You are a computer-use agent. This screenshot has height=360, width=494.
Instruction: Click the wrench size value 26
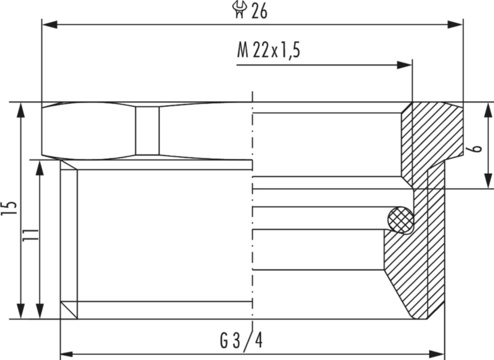(259, 12)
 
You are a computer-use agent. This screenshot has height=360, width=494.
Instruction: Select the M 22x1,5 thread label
(269, 50)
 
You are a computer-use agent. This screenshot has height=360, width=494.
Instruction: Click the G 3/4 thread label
(241, 341)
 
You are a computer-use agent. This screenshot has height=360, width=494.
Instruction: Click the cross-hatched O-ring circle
(400, 220)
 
